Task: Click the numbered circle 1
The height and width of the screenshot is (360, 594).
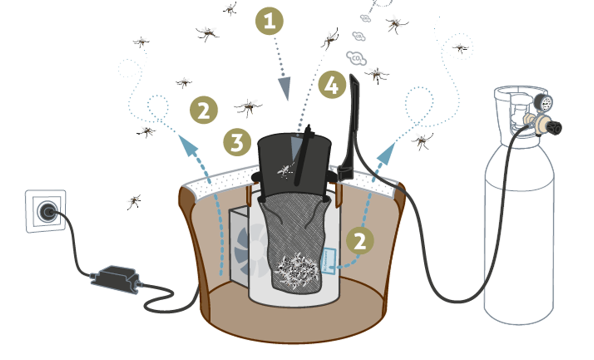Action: point(269,21)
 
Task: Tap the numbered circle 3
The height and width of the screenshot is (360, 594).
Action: point(237,142)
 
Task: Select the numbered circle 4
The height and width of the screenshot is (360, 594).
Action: point(332,85)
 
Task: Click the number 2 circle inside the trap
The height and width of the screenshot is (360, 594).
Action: point(360,241)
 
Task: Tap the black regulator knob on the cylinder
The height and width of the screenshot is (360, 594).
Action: point(554,127)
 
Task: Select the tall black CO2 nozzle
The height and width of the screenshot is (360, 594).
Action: point(353,123)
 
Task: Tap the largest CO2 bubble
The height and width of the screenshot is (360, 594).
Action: point(356,58)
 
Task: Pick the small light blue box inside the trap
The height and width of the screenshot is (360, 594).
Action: point(329,261)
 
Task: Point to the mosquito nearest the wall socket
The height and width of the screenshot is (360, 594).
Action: point(134,201)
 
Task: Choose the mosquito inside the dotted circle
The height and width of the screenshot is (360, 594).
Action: point(460,47)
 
